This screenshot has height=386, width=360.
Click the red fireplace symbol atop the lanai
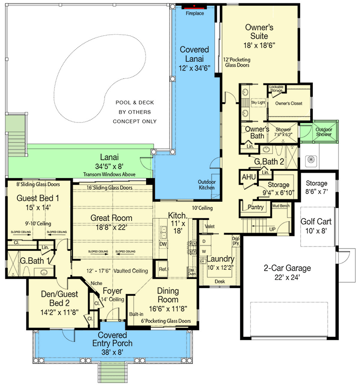pos(194,7)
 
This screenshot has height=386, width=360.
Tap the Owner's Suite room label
pos(259,32)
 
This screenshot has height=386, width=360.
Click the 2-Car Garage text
pos(287,269)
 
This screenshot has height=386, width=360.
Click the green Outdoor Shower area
pos(323,132)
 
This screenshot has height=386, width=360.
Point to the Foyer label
pos(111,291)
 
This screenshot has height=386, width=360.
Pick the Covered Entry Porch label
pos(112,339)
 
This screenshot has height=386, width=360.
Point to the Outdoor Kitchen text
pos(207,185)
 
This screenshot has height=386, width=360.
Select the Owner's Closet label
pos(289,103)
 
